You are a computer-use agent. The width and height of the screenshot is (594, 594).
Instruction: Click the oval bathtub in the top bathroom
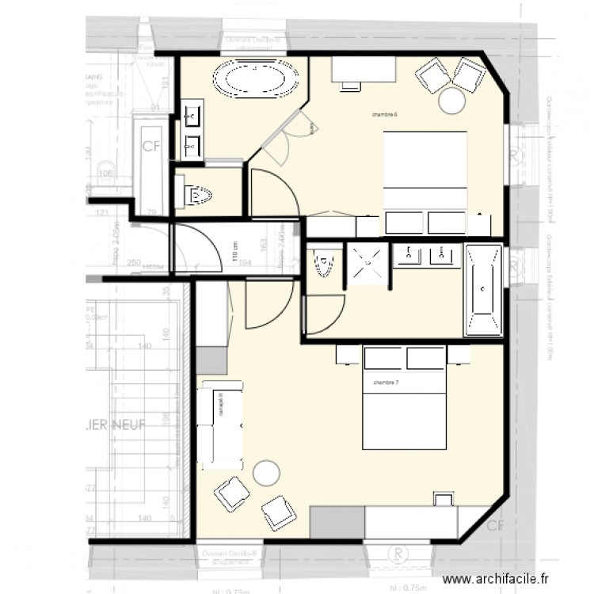253,79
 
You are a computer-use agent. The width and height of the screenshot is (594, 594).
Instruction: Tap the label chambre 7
386,383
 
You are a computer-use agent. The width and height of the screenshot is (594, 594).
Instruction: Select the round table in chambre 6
451,101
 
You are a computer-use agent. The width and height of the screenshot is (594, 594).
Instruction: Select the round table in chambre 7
266,473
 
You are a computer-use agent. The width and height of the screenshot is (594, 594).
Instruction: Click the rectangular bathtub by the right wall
482,290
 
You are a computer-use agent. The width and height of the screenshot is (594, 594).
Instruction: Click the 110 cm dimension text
234,253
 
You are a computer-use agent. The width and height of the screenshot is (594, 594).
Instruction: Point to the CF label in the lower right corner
495,526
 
